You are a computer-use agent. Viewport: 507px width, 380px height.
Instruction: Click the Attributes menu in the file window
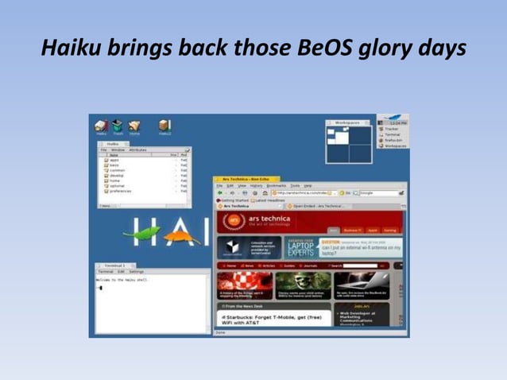[137, 149]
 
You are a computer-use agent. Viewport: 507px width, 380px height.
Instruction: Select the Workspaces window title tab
[347, 122]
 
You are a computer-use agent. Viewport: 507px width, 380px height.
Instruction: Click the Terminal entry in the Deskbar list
[395, 134]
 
